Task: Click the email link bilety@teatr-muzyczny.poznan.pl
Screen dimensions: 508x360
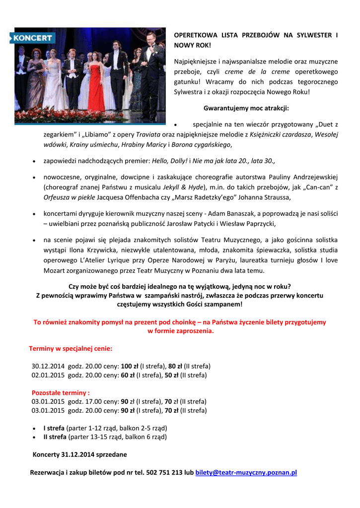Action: pyautogui.click(x=246, y=472)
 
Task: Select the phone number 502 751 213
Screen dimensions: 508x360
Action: pyautogui.click(x=164, y=472)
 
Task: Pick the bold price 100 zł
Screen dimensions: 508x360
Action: pyautogui.click(x=130, y=366)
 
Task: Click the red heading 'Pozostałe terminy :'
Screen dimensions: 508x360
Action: pyautogui.click(x=61, y=392)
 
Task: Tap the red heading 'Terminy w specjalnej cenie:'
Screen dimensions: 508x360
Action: pyautogui.click(x=71, y=348)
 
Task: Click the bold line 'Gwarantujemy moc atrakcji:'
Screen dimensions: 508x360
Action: pyautogui.click(x=246, y=108)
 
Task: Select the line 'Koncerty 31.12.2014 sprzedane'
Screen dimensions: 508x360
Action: pyautogui.click(x=79, y=454)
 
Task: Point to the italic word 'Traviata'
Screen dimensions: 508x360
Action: pyautogui.click(x=148, y=134)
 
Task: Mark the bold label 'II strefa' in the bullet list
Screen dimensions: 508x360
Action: pyautogui.click(x=55, y=437)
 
